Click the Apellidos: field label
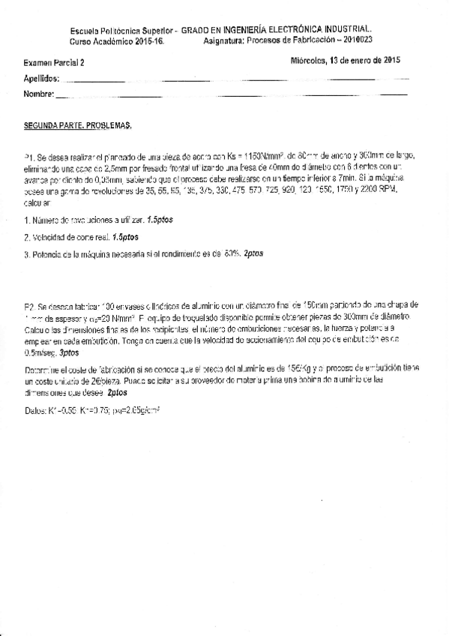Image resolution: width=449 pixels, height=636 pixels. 42,79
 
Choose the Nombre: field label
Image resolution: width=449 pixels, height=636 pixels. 39,94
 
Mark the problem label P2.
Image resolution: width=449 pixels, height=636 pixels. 29,307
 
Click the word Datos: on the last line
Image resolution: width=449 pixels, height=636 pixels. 35,411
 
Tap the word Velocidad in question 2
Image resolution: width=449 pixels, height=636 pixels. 49,237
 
